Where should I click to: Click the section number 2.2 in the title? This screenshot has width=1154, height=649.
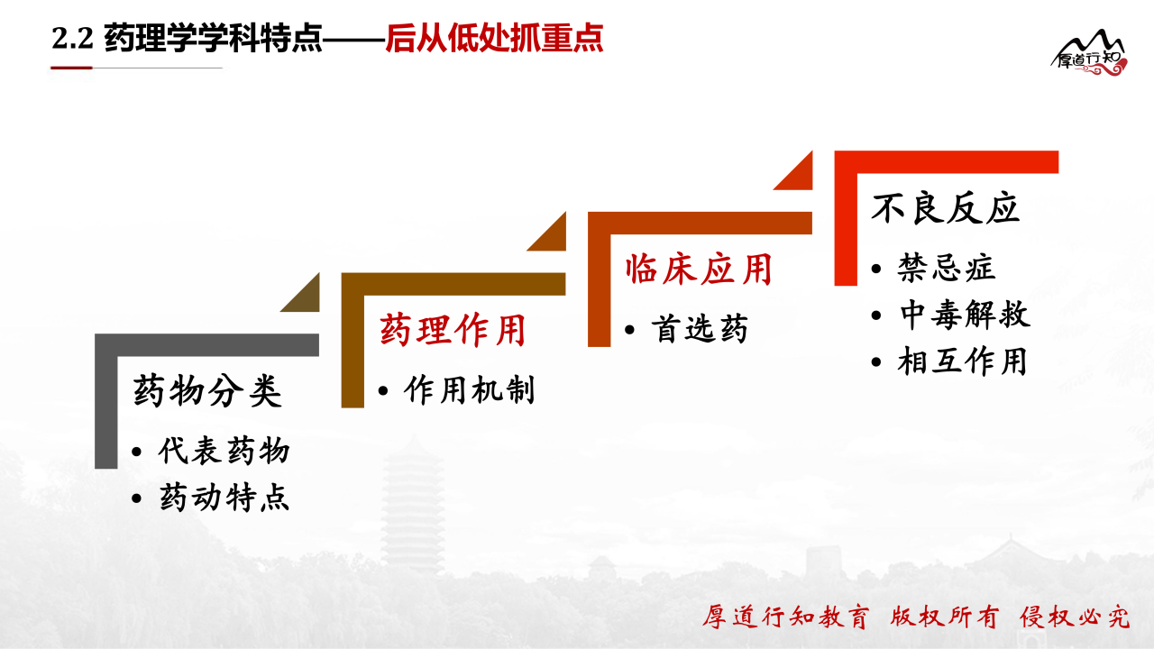[72, 38]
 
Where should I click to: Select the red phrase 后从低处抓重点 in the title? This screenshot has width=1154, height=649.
[494, 38]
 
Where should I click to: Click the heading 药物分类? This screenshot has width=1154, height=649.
[207, 391]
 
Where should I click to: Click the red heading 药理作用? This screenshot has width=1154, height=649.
[453, 330]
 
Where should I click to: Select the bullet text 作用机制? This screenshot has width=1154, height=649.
[470, 390]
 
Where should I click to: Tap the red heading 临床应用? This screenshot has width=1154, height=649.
[699, 269]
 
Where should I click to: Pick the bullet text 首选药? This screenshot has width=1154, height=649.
[699, 329]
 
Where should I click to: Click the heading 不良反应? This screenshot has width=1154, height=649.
[946, 208]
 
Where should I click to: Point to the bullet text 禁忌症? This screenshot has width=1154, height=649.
[946, 268]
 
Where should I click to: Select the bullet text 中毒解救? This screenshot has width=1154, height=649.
[965, 315]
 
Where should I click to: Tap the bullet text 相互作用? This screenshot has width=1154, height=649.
[962, 361]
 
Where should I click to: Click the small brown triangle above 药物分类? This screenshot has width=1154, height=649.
[307, 298]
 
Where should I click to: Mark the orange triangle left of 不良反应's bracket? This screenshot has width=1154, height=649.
[800, 177]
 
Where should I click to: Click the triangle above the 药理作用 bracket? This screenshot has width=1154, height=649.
[553, 237]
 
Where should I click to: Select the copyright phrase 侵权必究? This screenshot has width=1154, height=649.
[1075, 617]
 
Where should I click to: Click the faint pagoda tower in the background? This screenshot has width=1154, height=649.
[412, 505]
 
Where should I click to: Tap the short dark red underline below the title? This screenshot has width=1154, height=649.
[71, 68]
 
